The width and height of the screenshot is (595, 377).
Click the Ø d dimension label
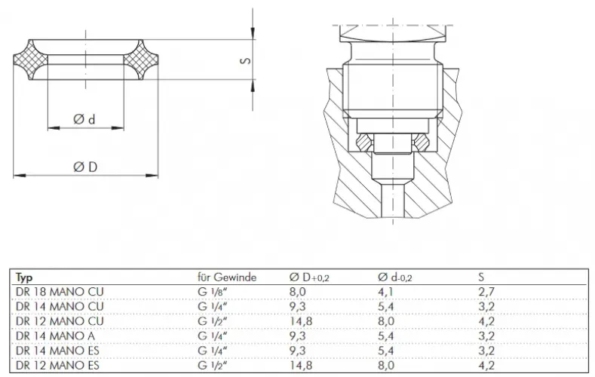tap(84, 120)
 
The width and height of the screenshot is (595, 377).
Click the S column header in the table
tap(482, 277)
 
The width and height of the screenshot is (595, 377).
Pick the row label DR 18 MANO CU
tap(60, 292)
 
